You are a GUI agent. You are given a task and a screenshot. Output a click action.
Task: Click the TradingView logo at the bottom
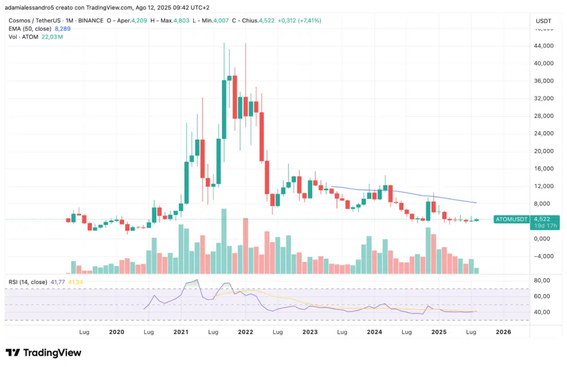[x=43, y=353]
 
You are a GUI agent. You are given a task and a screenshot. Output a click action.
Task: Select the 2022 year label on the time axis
[x=245, y=332]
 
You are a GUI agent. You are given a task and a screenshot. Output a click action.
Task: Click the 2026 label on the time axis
[x=503, y=332]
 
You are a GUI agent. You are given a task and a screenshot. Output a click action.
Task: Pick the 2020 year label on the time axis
[x=116, y=332]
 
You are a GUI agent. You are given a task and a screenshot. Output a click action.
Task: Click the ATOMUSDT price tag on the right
[x=511, y=220]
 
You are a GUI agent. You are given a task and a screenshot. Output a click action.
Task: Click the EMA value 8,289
[x=62, y=29]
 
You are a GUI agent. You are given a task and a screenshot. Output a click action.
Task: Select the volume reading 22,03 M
[x=52, y=37]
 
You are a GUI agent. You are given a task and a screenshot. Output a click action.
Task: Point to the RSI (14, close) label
[x=28, y=282]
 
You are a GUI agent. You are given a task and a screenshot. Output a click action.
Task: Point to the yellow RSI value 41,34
[x=76, y=282]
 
